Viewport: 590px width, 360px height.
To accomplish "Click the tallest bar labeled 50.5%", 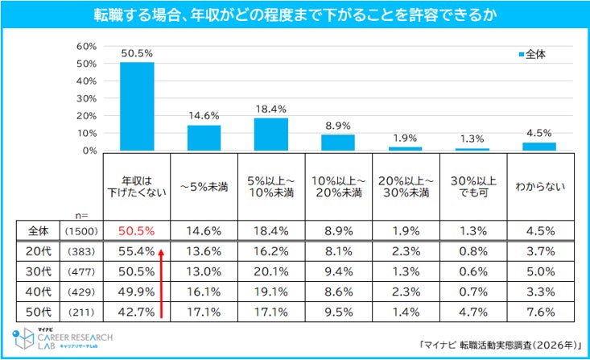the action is [x=137, y=106].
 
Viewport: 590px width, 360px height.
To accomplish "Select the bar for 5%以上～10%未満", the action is [x=271, y=134].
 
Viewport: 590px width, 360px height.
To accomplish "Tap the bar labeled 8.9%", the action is [x=338, y=143].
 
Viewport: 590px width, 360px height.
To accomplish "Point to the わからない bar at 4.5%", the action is [x=539, y=147].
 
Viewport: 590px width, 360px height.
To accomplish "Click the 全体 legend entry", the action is [x=532, y=55].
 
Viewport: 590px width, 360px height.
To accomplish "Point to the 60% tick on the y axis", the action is [x=87, y=47].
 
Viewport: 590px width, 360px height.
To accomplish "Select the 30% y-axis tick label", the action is [x=87, y=99].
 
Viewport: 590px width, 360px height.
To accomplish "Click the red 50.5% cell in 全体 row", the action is [x=137, y=231].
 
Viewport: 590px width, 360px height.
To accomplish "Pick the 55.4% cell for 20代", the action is [x=137, y=251].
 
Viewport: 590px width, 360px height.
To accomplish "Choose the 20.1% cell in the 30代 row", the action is [x=271, y=271].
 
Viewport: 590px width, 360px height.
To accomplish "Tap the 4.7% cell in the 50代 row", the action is [x=473, y=312].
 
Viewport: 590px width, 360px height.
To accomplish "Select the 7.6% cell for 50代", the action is [x=540, y=312].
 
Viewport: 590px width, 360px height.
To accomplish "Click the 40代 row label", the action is [x=39, y=292].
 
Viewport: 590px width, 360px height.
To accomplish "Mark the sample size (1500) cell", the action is [x=81, y=231].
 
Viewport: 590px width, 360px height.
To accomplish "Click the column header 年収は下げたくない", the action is [x=137, y=187].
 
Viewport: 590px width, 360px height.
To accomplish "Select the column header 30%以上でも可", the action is [x=473, y=187].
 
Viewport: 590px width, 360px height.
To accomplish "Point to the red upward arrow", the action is [x=161, y=284].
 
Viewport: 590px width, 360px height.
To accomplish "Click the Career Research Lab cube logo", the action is [x=23, y=338].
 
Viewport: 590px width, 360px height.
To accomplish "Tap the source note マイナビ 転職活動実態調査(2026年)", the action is [x=500, y=345].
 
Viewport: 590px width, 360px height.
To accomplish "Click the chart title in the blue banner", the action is [x=295, y=15].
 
